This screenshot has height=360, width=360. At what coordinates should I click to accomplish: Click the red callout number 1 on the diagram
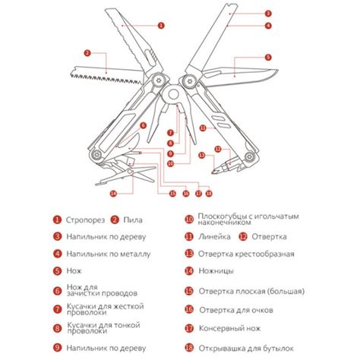point(160,24)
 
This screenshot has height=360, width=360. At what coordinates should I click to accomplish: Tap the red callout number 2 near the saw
point(88,53)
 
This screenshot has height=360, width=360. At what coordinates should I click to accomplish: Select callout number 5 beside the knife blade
point(268,57)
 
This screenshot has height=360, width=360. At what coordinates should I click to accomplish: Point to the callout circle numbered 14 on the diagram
point(114,193)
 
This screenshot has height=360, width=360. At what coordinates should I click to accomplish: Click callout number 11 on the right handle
point(202,128)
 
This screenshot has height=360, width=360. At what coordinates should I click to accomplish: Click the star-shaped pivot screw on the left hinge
point(157,81)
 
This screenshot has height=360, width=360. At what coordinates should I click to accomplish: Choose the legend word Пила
point(132,220)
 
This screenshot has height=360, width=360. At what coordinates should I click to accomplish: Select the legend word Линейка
point(216,236)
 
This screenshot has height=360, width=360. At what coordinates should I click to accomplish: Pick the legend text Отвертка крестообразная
point(246,254)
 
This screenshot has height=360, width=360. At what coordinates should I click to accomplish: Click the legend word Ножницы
point(217,271)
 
